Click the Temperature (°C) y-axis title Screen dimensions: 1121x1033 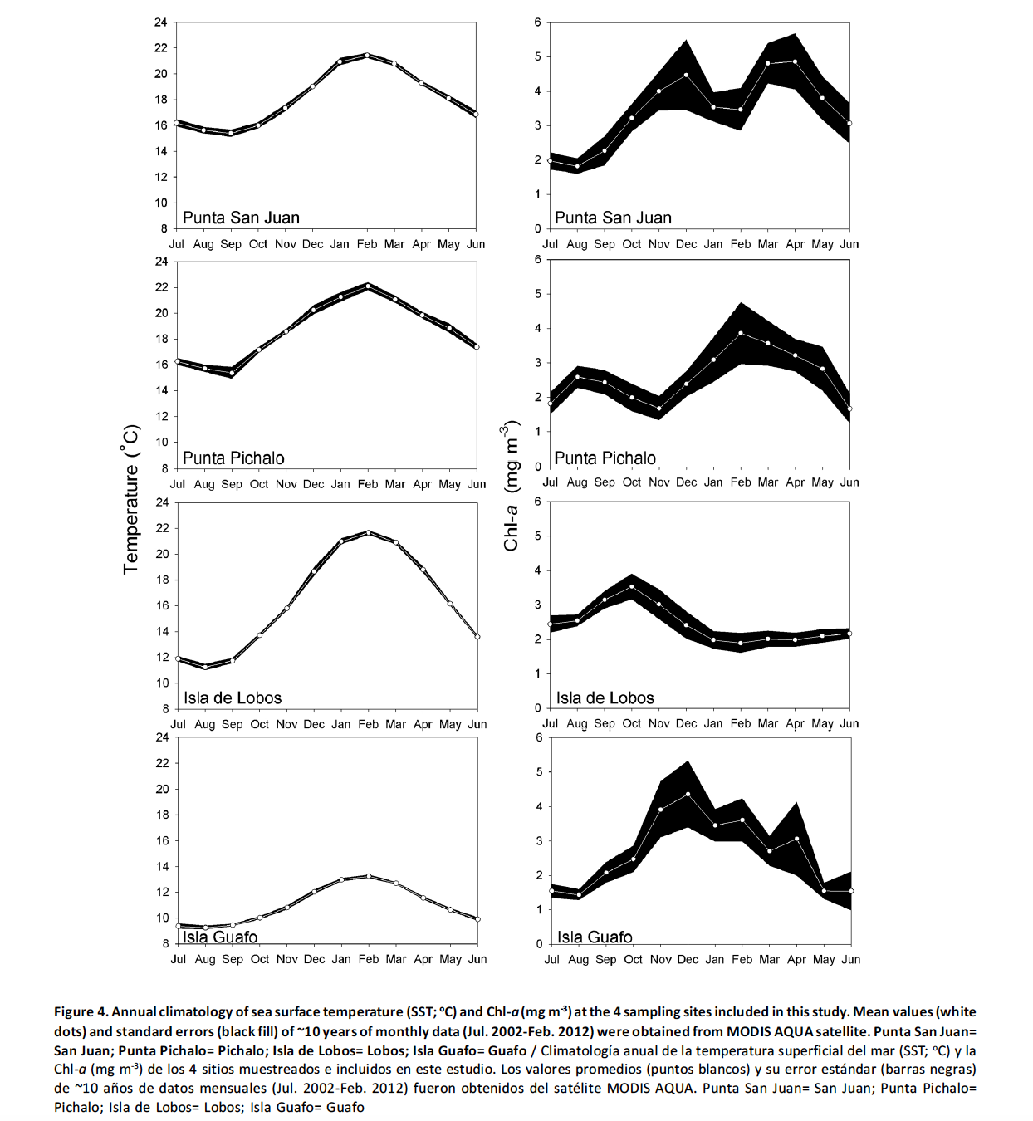pos(131,499)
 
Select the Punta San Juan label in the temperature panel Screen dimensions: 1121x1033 pos(241,218)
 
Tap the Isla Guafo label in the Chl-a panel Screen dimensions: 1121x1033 pos(595,937)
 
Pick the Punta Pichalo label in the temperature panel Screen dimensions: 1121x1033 pos(233,458)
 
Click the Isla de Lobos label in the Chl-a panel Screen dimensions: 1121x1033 pos(605,698)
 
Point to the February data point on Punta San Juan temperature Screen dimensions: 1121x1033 pos(367,56)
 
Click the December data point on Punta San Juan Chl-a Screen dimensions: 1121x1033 pos(687,75)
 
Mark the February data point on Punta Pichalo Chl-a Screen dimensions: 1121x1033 pos(741,333)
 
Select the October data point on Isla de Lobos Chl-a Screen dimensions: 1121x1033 pos(632,586)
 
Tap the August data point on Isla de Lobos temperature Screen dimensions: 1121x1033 pos(205,667)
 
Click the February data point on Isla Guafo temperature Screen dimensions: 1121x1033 pos(369,876)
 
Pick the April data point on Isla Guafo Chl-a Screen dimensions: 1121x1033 pos(796,839)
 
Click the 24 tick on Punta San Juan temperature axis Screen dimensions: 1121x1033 pos(161,22)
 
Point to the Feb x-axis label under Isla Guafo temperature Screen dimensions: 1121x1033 pos(369,959)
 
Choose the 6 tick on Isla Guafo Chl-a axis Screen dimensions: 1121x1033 pos(540,737)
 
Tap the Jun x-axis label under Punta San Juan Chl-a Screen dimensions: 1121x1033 pos(849,244)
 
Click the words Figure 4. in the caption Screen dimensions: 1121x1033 pos(81,1011)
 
